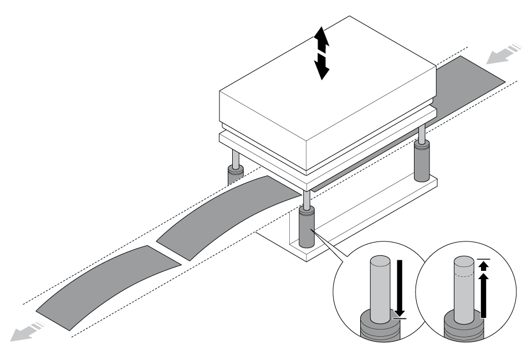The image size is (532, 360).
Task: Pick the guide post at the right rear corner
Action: point(422,161)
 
